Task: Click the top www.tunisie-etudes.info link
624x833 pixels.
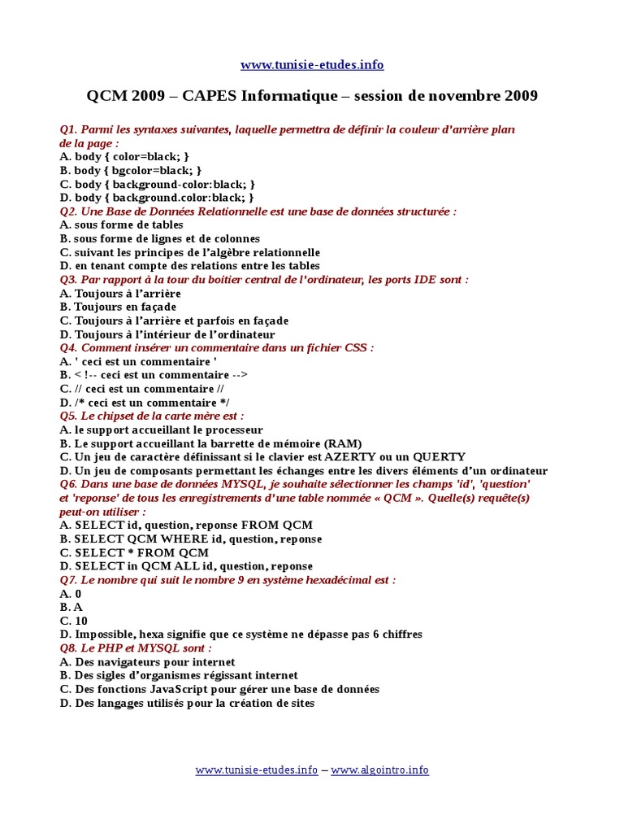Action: pos(312,65)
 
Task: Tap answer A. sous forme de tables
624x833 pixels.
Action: pos(121,225)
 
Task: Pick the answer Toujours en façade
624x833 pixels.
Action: pos(125,307)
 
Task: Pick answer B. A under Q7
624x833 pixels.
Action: pos(71,607)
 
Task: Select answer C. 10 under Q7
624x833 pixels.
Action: pos(74,621)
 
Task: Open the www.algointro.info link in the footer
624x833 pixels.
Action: pos(379,770)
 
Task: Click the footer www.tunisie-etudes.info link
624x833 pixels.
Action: pos(257,770)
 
